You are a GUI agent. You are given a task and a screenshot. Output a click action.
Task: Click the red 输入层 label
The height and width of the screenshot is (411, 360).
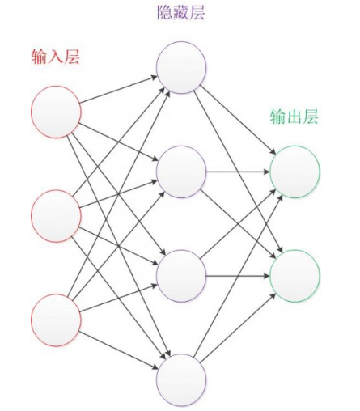(x=56, y=57)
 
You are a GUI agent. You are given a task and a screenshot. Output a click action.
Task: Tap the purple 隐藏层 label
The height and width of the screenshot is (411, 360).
(x=181, y=12)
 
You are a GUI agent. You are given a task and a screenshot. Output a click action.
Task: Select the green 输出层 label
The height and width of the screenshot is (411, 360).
(x=294, y=117)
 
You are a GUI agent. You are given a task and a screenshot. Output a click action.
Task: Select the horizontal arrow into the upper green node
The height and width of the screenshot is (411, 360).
(x=238, y=172)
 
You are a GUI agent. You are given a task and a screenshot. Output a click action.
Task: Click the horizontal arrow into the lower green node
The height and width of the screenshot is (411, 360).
(x=238, y=276)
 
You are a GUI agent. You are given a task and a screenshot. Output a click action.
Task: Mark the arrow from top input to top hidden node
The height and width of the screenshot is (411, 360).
(x=119, y=90)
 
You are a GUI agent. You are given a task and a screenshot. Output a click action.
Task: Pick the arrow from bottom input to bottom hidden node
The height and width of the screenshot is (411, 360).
(x=119, y=350)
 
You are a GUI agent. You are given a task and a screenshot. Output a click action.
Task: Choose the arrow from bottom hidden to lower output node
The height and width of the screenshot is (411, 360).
(x=238, y=328)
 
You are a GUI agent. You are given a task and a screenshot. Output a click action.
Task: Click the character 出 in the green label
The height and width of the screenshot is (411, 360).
(x=294, y=117)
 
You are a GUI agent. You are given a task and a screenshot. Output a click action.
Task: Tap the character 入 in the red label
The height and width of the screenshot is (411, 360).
(x=56, y=57)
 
